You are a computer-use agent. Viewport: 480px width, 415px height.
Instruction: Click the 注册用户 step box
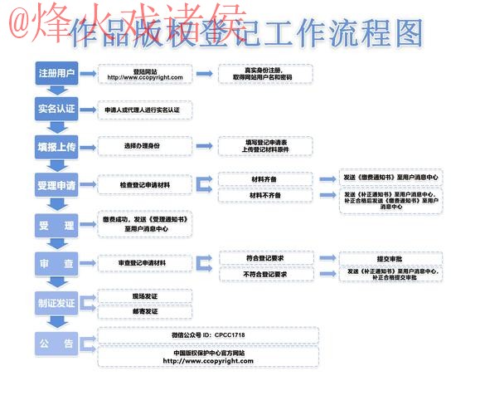pyautogui.click(x=56, y=74)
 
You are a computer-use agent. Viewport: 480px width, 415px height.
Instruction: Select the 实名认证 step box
pyautogui.click(x=56, y=109)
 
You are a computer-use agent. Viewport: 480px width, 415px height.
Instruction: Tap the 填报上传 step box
pyautogui.click(x=56, y=146)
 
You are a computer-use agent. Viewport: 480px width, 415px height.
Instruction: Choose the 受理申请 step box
pyautogui.click(x=56, y=184)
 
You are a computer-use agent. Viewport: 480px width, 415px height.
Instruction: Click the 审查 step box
pyautogui.click(x=56, y=264)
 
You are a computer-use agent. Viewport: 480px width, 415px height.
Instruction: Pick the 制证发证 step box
pyautogui.click(x=56, y=303)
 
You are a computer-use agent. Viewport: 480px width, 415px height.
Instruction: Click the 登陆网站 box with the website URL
pyautogui.click(x=145, y=74)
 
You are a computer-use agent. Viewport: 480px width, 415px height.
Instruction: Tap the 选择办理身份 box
pyautogui.click(x=145, y=146)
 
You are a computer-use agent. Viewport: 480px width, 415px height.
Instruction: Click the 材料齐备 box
pyautogui.click(x=264, y=178)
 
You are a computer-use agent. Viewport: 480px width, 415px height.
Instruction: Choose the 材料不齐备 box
pyautogui.click(x=264, y=195)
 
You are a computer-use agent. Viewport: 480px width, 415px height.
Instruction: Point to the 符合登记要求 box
pyautogui.click(x=266, y=258)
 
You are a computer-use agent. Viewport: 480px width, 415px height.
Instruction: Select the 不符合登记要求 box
pyautogui.click(x=266, y=274)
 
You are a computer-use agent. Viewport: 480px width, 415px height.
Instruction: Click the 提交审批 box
pyautogui.click(x=392, y=258)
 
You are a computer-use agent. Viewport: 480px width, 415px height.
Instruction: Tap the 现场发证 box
pyautogui.click(x=145, y=295)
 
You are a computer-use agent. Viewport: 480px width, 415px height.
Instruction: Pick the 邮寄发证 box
pyautogui.click(x=145, y=311)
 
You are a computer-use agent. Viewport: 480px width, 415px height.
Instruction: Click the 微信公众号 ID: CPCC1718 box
pyautogui.click(x=208, y=335)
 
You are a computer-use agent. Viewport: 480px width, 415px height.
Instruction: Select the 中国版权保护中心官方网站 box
pyautogui.click(x=208, y=357)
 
